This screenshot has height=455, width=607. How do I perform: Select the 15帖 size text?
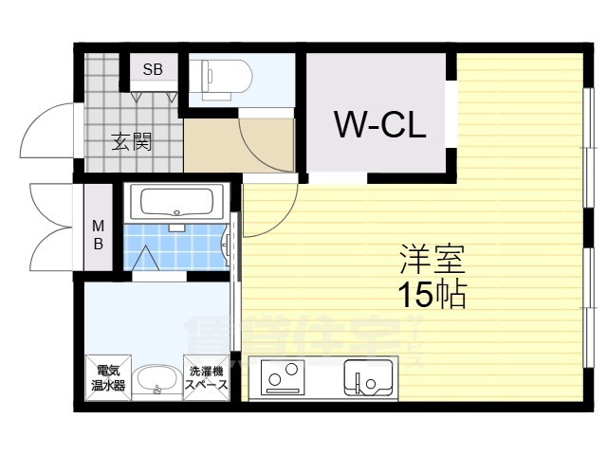431,295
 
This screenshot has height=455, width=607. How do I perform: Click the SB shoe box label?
153,69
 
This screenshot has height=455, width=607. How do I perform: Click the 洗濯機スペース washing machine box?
206,378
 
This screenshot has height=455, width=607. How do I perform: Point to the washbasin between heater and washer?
155,382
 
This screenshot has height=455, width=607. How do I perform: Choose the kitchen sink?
367,378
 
